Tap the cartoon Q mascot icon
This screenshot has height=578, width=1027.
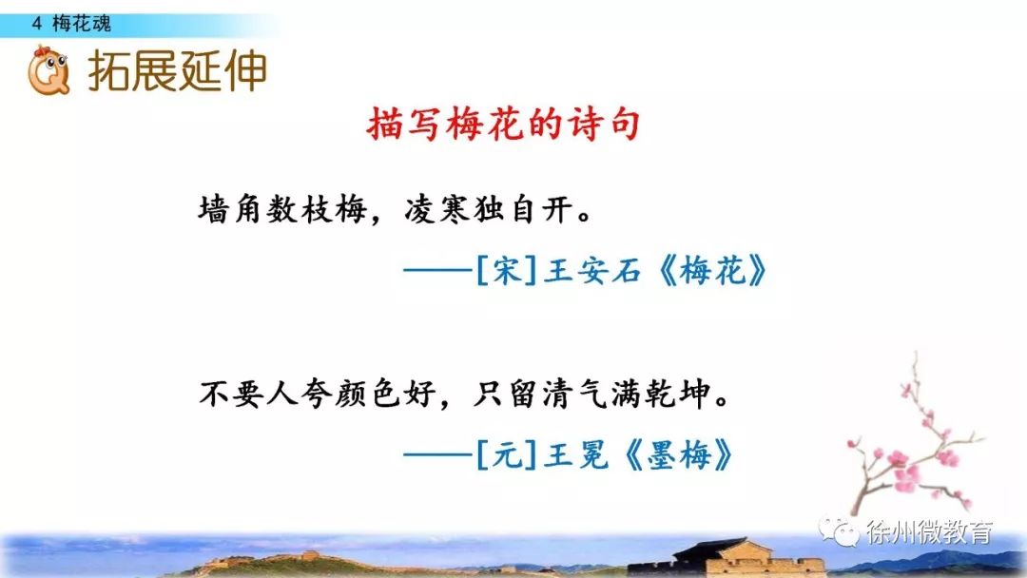click(x=48, y=70)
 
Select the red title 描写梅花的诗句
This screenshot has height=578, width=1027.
click(x=503, y=124)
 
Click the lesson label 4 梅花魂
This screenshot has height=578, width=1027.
click(x=71, y=24)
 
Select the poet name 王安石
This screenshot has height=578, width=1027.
click(x=592, y=270)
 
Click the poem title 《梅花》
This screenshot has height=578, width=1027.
click(x=712, y=270)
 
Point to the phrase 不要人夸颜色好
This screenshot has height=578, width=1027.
click(x=318, y=395)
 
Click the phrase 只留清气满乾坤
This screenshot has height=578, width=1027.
click(x=591, y=395)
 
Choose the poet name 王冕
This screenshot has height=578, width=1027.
click(x=576, y=454)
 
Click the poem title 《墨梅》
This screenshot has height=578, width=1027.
click(x=678, y=454)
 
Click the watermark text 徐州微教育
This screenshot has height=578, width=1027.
click(x=929, y=532)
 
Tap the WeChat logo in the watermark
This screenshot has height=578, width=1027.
click(x=839, y=530)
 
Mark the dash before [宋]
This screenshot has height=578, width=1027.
click(x=437, y=270)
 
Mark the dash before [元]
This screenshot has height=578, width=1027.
click(x=437, y=454)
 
